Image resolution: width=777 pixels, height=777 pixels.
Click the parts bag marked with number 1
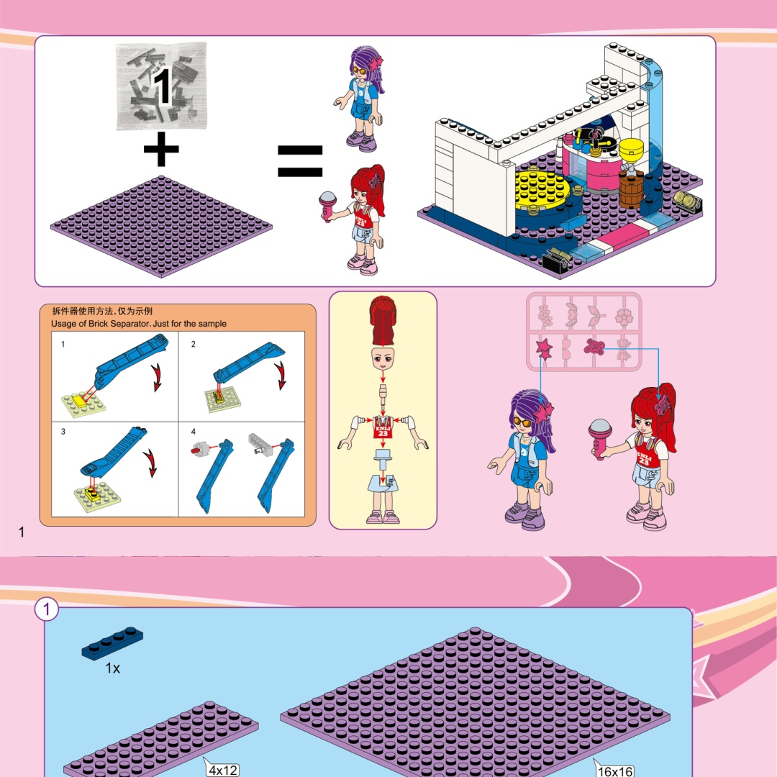[x=161, y=86]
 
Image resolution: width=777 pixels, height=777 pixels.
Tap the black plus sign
[x=161, y=149]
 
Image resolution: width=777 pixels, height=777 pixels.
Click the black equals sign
[x=300, y=161]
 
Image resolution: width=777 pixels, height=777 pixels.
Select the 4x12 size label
[x=223, y=770]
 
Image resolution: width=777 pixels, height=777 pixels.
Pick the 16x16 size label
[x=615, y=771]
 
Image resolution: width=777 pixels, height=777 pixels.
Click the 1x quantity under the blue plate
[x=112, y=668]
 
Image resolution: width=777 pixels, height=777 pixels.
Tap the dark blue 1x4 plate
[x=112, y=643]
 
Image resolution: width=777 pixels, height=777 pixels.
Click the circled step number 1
[x=47, y=609]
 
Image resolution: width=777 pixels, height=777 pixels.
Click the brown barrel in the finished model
[x=631, y=188]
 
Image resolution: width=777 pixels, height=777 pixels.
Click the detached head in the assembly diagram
[x=383, y=358]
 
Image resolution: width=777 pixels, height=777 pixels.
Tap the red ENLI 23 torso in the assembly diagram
[x=383, y=427]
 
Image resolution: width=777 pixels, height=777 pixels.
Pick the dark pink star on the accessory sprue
[x=544, y=348]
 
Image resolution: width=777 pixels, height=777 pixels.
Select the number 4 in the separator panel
[x=194, y=432]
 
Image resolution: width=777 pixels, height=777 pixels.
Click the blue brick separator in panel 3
[x=114, y=451]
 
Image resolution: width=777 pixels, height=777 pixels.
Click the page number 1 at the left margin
[x=22, y=532]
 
